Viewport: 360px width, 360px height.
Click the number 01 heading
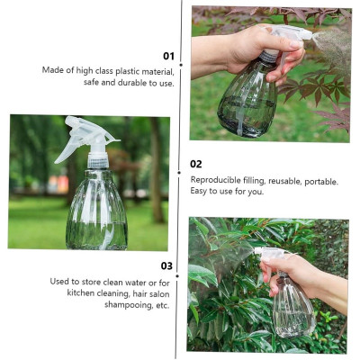[168, 56]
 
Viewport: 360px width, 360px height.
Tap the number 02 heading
[196, 165]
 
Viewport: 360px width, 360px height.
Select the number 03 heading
[166, 265]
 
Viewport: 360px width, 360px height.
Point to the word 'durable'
[130, 83]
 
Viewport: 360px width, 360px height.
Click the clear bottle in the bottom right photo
[292, 310]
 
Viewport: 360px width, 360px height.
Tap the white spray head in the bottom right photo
[269, 254]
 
